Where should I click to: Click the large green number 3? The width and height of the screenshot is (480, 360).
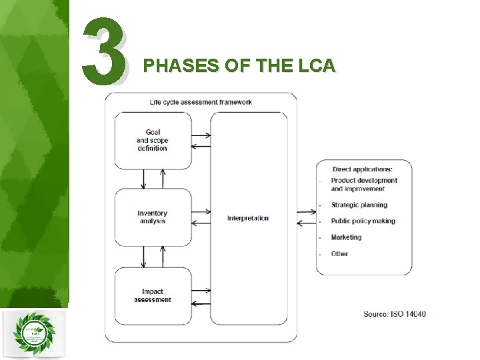click(x=104, y=48)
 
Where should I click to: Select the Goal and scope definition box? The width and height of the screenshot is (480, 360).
click(x=153, y=140)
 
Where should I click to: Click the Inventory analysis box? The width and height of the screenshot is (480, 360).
click(x=153, y=217)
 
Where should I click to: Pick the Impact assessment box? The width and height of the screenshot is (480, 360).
click(x=153, y=295)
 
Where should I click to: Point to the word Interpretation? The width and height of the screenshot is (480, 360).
click(x=248, y=218)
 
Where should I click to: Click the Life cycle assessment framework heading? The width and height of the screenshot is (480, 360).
click(x=201, y=102)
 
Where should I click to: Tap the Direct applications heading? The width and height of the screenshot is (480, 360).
click(x=363, y=169)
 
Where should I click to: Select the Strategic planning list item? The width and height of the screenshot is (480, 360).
click(x=359, y=205)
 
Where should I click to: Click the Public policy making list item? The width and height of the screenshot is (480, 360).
click(x=363, y=221)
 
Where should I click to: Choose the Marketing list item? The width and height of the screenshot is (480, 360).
click(x=346, y=237)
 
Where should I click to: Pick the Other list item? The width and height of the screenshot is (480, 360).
click(x=339, y=254)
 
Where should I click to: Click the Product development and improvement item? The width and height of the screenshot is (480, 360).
click(x=364, y=185)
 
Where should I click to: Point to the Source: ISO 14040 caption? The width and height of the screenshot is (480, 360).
click(x=395, y=314)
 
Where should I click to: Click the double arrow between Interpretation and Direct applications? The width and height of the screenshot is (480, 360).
click(x=307, y=217)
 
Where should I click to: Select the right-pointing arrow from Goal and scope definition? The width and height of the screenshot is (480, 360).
click(x=201, y=135)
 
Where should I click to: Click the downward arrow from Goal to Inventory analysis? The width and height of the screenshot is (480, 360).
click(x=144, y=179)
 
